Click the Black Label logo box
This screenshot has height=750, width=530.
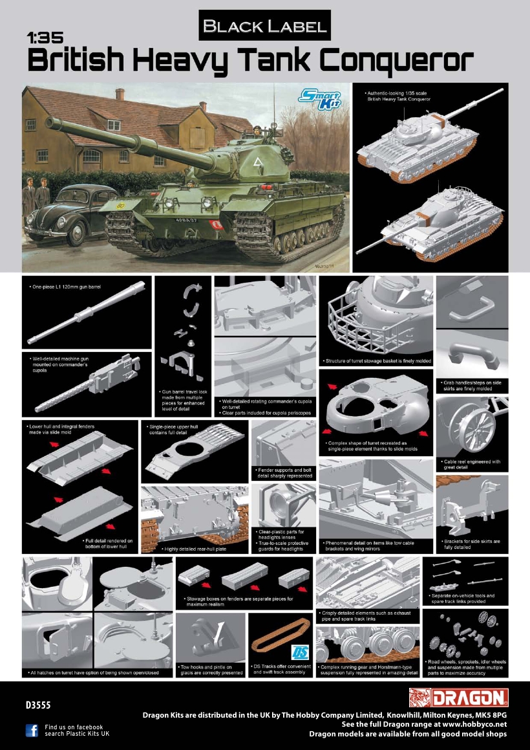coord(265,26)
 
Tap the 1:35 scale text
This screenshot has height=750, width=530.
coord(45,39)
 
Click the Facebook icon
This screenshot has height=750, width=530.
coord(32,730)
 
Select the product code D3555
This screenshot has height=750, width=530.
coord(38,703)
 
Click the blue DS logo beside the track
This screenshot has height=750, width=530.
coord(301,652)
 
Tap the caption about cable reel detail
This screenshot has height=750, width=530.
coord(472,465)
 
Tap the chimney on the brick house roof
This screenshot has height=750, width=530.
coord(120,95)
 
